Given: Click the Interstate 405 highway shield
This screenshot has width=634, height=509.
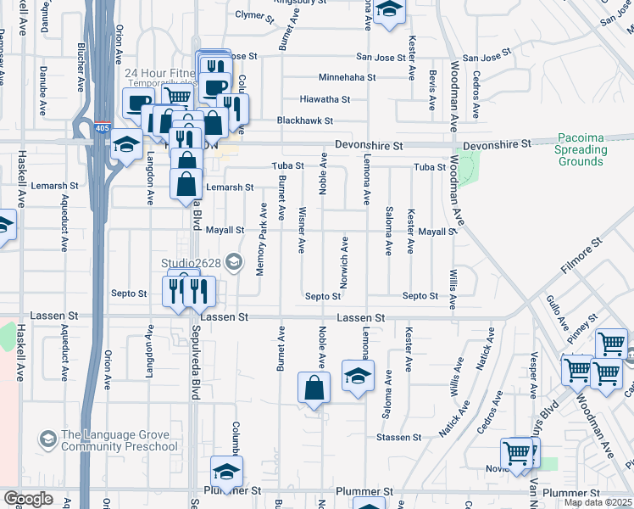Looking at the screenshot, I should coord(103,128).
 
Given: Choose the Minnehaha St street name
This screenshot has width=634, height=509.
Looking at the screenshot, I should coord(319,77).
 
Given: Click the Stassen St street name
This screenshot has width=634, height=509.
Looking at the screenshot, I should coord(400,438).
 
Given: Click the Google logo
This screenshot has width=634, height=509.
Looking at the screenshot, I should coord(28,498).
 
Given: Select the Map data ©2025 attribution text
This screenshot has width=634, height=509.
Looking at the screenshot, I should coord(598,502).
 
